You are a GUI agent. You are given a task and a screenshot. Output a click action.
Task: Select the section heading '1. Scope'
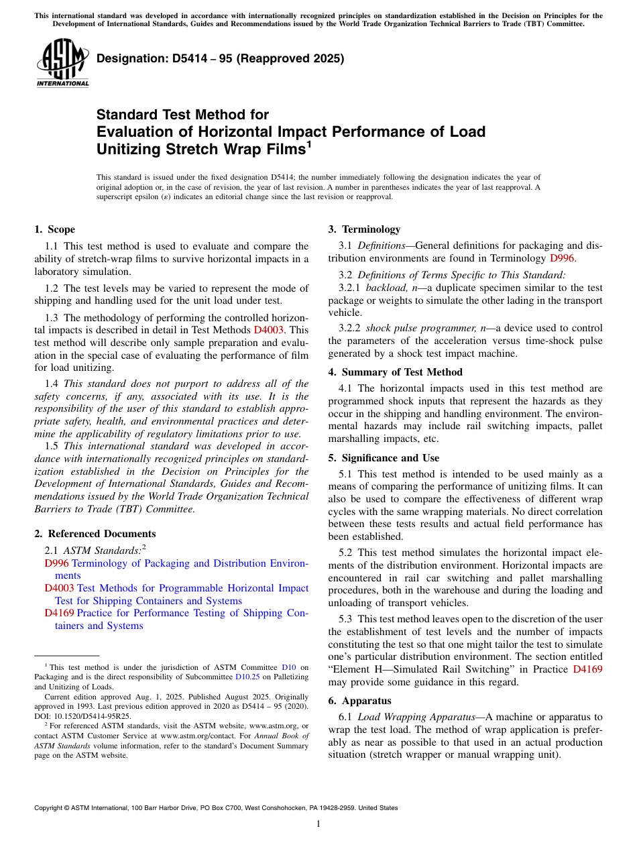pyautogui.click(x=55, y=229)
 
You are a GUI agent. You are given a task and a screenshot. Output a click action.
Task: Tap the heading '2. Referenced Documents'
pyautogui.click(x=95, y=534)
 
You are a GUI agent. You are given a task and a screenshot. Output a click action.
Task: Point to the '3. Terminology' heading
pyautogui.click(x=364, y=229)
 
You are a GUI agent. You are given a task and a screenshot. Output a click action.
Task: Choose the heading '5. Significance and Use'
pyautogui.click(x=384, y=458)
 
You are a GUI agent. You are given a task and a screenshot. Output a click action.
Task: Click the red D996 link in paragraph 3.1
pyautogui.click(x=562, y=258)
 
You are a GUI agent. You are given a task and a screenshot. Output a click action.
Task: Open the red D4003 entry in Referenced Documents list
pyautogui.click(x=59, y=588)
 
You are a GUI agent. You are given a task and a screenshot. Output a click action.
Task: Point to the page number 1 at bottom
pyautogui.click(x=318, y=824)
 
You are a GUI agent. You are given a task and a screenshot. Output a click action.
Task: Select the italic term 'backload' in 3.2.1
pyautogui.click(x=384, y=288)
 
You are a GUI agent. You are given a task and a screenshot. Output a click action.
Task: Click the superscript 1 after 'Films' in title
pyautogui.click(x=308, y=143)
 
